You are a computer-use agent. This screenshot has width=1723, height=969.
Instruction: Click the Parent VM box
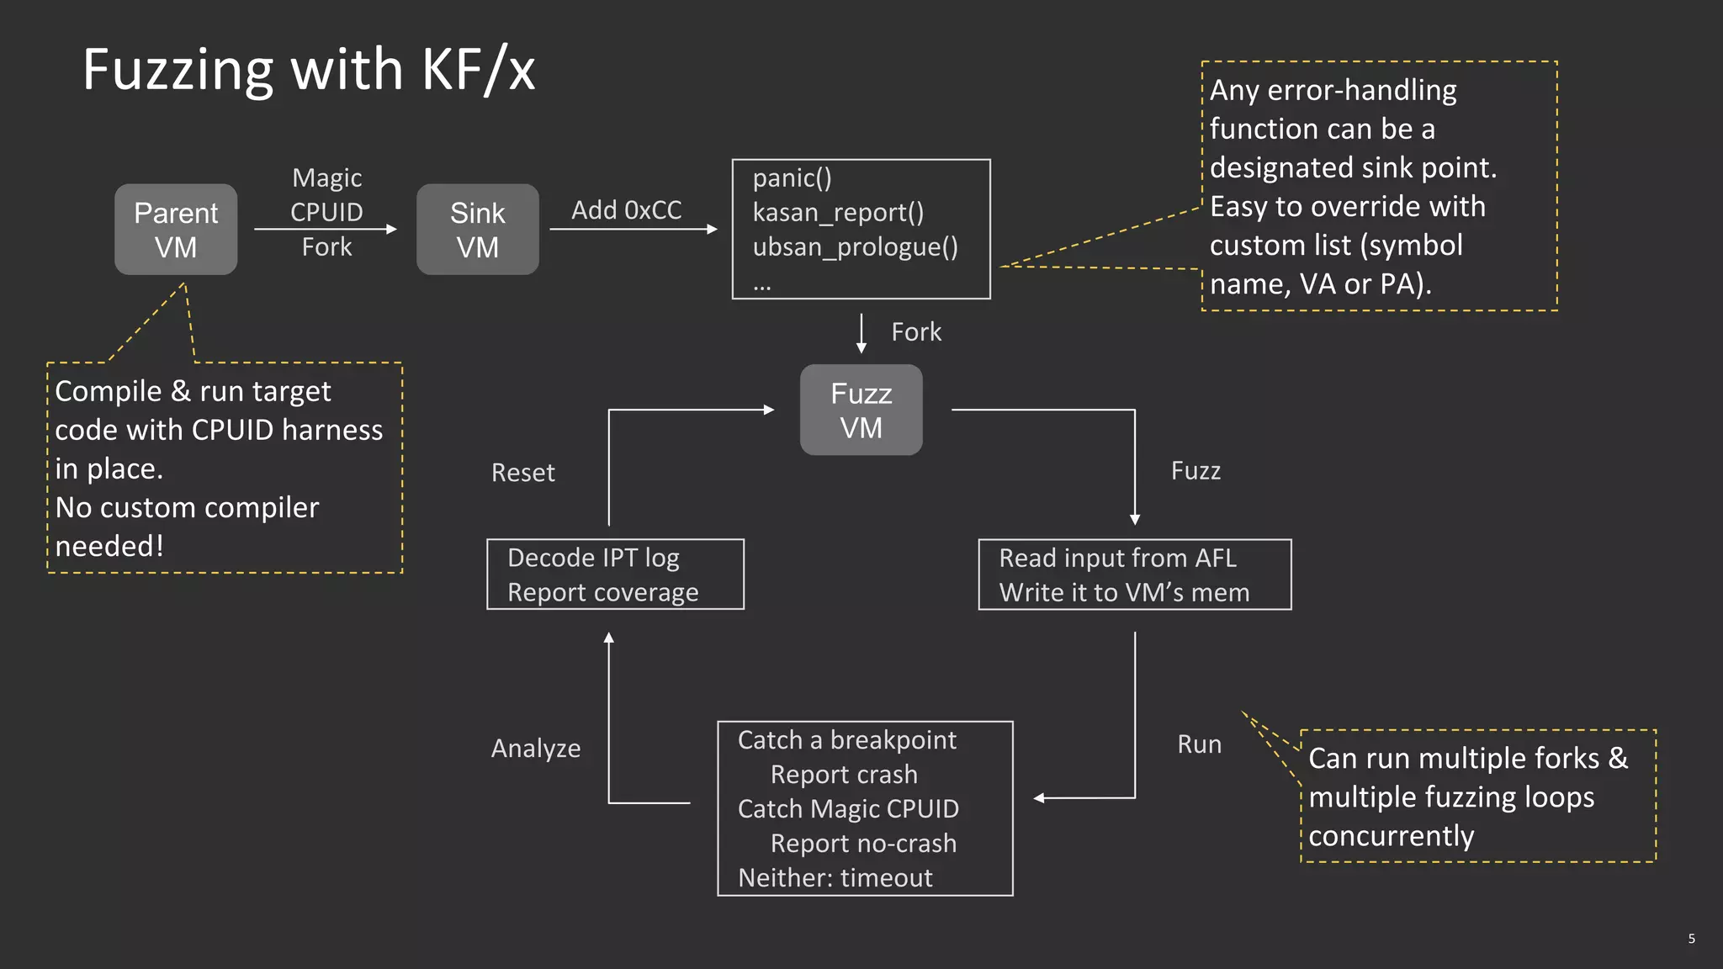[176, 230]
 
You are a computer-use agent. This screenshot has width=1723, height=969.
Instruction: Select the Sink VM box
[477, 230]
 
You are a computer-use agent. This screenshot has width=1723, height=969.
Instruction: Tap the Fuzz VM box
[861, 410]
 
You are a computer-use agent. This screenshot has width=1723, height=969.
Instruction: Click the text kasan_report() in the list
[838, 213]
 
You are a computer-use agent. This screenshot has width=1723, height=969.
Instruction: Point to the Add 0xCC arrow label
[626, 210]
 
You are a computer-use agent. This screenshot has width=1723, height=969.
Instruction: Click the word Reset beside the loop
[522, 473]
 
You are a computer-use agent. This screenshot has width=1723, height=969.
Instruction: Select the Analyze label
[536, 749]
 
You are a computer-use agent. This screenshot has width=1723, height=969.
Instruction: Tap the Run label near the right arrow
[1199, 744]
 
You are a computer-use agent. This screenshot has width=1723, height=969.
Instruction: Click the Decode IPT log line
[593, 558]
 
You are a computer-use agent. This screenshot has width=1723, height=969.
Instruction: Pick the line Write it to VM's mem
[1124, 593]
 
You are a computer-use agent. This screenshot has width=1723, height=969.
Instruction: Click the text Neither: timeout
[835, 878]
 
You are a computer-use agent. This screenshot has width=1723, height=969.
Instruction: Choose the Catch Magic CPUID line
[848, 809]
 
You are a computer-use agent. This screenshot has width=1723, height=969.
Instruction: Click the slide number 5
[1691, 939]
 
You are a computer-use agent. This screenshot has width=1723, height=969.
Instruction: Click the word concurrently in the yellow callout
[1391, 836]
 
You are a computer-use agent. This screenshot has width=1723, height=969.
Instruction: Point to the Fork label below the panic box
[916, 332]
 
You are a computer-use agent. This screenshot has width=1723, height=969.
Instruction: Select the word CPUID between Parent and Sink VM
[326, 212]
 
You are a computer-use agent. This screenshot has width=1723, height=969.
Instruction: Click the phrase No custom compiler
[187, 508]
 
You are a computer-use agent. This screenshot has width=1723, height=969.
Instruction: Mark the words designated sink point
[1353, 167]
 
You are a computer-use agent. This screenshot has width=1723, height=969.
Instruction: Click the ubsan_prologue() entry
[855, 247]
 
